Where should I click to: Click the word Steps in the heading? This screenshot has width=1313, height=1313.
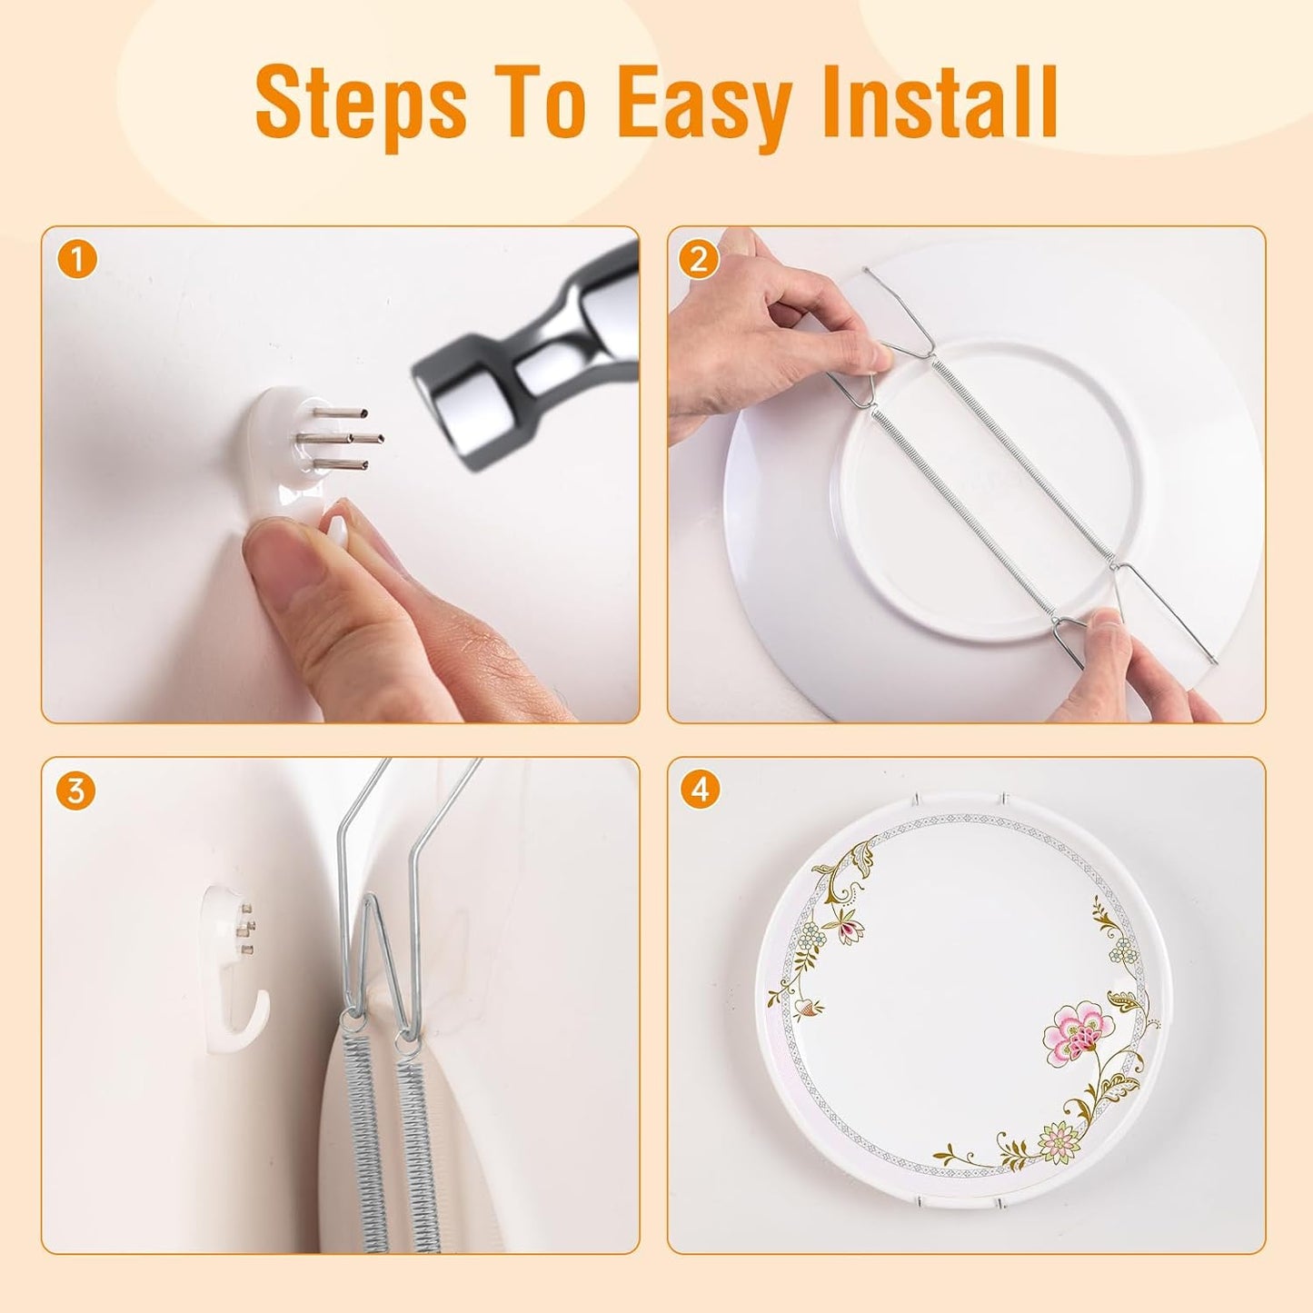361,104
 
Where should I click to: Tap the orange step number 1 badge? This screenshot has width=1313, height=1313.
77,261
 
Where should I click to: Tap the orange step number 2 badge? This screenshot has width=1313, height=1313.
699,261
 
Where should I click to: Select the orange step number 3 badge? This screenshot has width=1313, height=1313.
75,791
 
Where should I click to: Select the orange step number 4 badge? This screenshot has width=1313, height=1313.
699,791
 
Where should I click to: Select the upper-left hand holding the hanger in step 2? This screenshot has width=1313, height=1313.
772,336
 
